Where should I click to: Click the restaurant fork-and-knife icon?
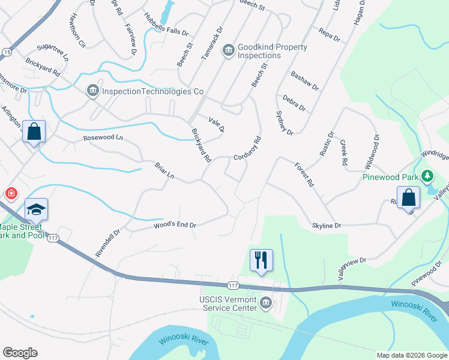tap(261, 260)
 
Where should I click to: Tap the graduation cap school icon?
tap(36, 209)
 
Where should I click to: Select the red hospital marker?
tap(11, 193)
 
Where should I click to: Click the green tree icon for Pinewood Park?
tap(427, 176)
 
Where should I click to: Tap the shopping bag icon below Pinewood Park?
tap(408, 197)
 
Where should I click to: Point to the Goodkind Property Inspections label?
tap(272, 51)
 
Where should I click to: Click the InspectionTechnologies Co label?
tap(152, 92)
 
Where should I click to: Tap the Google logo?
tap(20, 352)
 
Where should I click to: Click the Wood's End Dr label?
tap(175, 225)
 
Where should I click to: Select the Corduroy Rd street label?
tap(248, 147)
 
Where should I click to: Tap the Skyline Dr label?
tap(327, 226)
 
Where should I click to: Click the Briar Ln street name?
tap(164, 171)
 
